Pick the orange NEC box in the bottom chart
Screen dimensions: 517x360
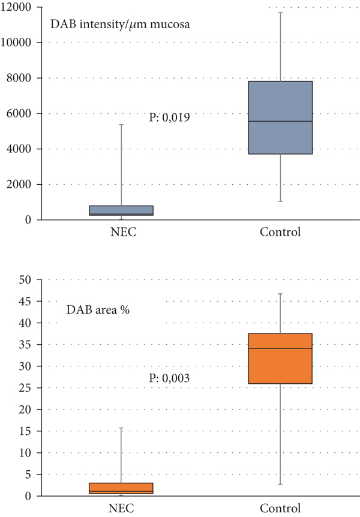(121, 487)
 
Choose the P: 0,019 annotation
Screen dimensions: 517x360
(169, 118)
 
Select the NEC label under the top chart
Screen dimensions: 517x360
(121, 232)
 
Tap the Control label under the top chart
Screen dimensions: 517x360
(280, 232)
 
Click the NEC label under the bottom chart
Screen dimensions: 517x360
(121, 509)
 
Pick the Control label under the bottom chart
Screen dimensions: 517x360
(280, 509)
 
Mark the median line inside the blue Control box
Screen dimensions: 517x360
(280, 121)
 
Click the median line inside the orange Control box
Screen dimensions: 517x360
(280, 348)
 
